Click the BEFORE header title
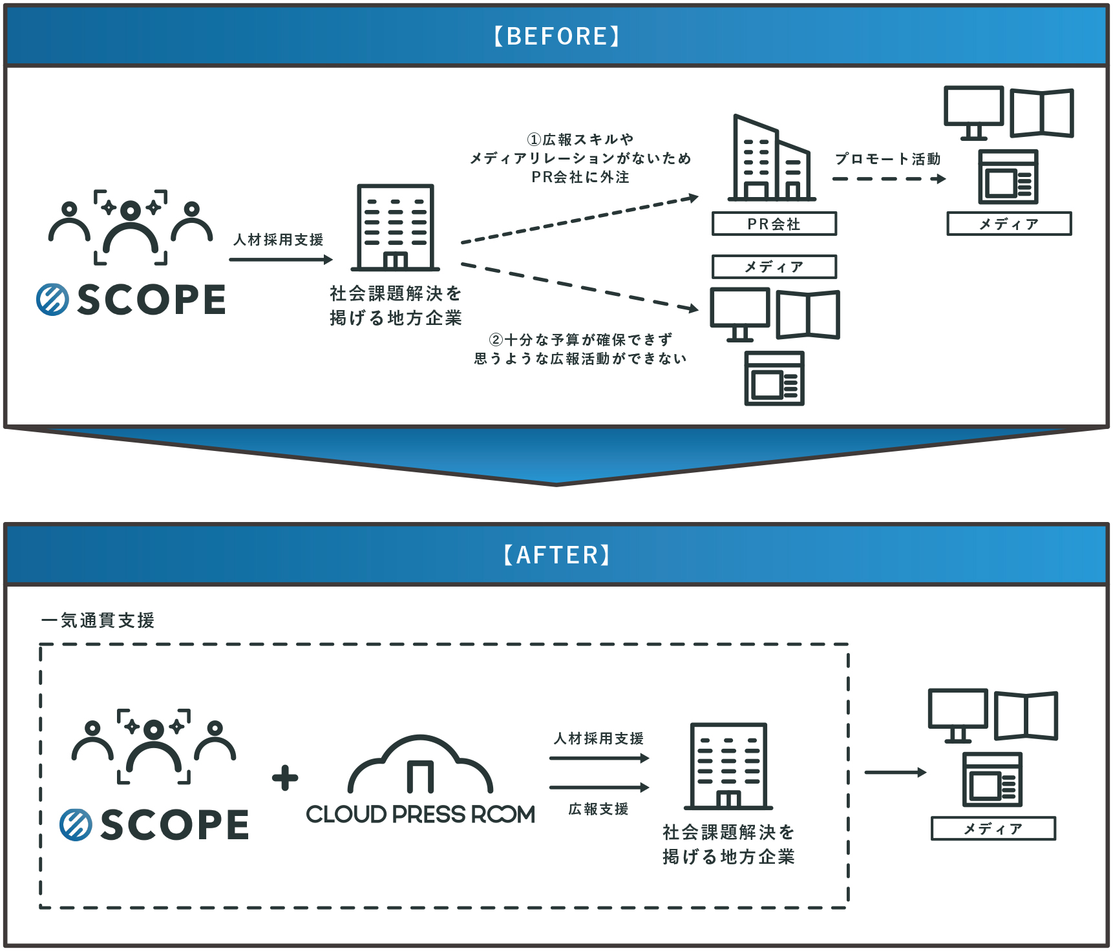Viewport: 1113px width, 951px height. (556, 36)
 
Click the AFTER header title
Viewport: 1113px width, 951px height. (556, 555)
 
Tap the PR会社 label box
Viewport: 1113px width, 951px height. (774, 224)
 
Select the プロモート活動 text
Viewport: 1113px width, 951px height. (887, 159)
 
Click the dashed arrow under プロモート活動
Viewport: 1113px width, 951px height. (889, 179)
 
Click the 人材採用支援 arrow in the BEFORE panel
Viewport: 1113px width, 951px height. (281, 260)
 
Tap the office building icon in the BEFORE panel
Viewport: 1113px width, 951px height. (396, 227)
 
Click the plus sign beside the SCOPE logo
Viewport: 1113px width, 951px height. (285, 778)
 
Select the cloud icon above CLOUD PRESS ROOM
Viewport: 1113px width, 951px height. (420, 765)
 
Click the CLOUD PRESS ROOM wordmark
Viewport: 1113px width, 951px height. (420, 815)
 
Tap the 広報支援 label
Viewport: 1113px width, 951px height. (598, 809)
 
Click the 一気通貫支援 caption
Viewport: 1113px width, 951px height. (98, 621)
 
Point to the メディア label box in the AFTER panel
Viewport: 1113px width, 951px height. (993, 829)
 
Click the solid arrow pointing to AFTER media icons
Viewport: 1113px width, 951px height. (895, 772)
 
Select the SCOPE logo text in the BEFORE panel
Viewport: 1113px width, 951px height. (151, 300)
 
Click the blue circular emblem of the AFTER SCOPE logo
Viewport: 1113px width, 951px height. (76, 825)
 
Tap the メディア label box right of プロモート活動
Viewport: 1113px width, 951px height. (1009, 224)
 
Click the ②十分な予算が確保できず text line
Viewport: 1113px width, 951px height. (580, 340)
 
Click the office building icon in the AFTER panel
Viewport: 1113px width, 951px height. (728, 766)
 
